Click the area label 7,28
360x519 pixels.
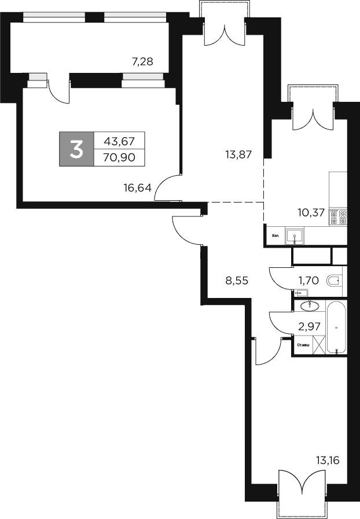pyautogui.click(x=142, y=61)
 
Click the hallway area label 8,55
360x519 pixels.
pyautogui.click(x=237, y=281)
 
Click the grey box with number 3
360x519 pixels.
pyautogui.click(x=76, y=149)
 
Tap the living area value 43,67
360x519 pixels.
pyautogui.click(x=118, y=141)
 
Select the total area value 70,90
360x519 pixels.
pyautogui.click(x=118, y=157)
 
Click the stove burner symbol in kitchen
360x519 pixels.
pyautogui.click(x=337, y=216)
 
